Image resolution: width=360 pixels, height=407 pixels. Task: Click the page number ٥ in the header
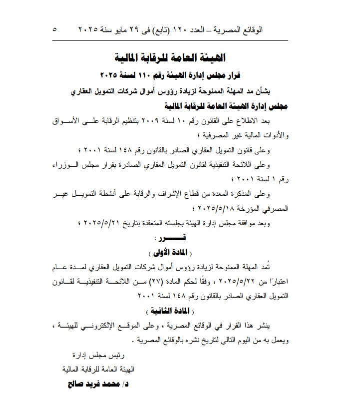pyautogui.click(x=54, y=29)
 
